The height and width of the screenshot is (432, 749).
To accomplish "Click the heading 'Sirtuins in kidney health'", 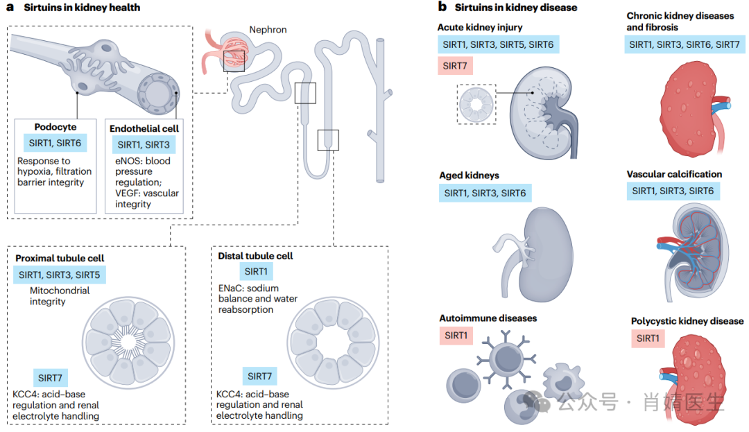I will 82,8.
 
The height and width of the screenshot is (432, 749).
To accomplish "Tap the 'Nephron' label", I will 268,30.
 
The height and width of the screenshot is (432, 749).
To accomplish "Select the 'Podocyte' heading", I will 55,127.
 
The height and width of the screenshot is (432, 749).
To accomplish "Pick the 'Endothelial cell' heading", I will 144,128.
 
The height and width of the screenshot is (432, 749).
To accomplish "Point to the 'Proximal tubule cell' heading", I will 60,258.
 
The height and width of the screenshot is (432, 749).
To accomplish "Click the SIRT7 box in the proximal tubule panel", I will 51,378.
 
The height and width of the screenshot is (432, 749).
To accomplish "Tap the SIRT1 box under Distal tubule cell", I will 255,272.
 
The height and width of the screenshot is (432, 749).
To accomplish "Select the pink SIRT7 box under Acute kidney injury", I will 455,67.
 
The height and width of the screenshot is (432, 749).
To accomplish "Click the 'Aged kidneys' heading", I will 469,175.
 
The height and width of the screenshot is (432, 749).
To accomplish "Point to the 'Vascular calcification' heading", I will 674,174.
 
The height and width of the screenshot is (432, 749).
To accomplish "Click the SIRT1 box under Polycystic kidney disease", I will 648,338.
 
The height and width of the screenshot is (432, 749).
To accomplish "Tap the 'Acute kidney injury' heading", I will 480,27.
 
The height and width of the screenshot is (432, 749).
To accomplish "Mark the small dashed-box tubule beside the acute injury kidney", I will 476,105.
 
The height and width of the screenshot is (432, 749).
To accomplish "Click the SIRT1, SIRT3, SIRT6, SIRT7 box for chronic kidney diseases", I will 685,45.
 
